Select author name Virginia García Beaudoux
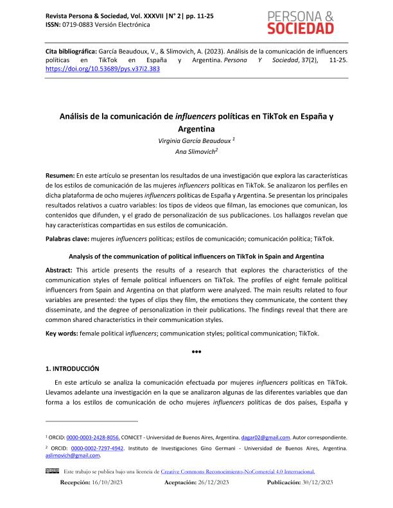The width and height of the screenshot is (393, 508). click(193, 140)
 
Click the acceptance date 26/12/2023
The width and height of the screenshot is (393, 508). click(220, 481)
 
